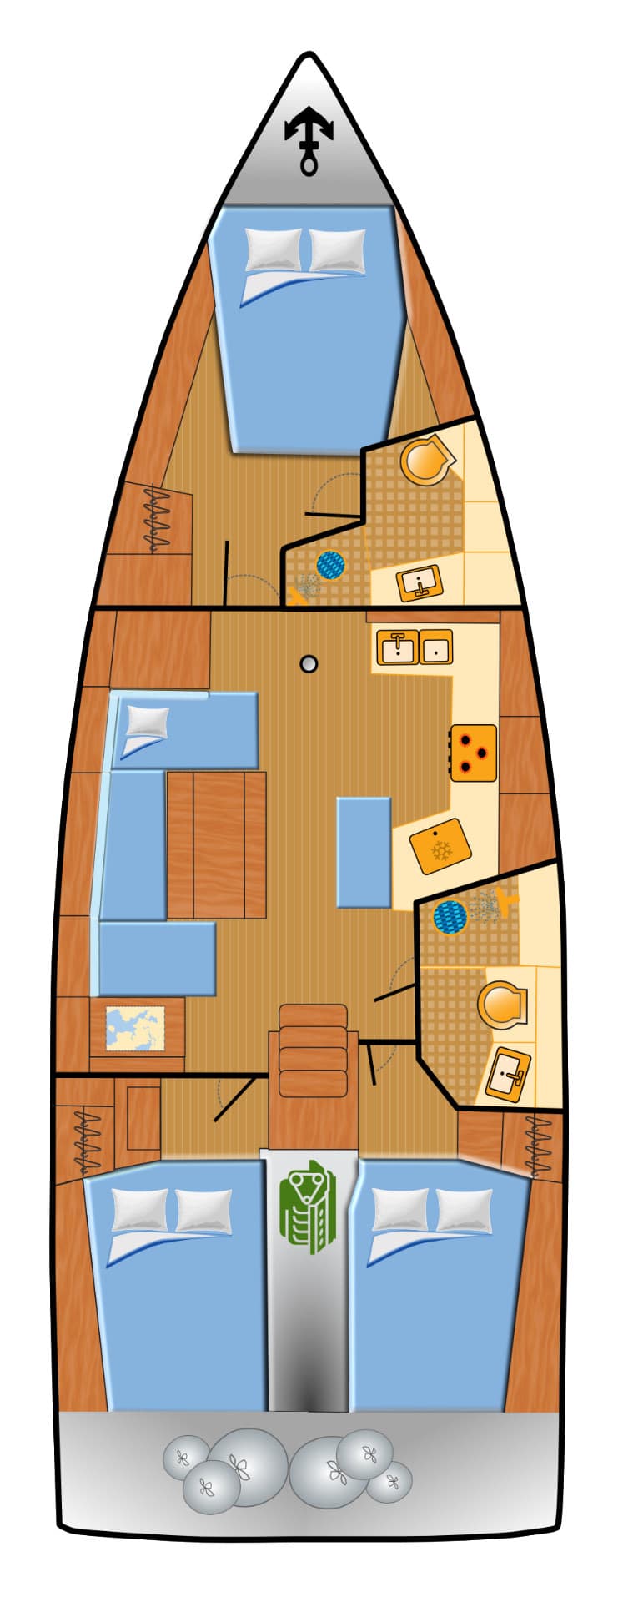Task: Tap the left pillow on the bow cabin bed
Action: click(x=274, y=249)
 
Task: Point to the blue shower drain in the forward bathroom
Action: click(x=330, y=565)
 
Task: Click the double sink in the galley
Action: click(x=415, y=647)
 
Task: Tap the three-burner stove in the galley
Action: click(x=474, y=752)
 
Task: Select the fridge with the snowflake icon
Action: click(x=440, y=846)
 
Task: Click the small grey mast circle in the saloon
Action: click(x=309, y=664)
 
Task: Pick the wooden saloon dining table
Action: click(x=217, y=844)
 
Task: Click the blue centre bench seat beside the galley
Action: click(x=364, y=852)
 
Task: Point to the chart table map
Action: click(x=135, y=1028)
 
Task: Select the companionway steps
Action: click(x=313, y=1050)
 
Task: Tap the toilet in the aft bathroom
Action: click(x=502, y=1005)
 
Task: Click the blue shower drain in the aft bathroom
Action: click(x=450, y=917)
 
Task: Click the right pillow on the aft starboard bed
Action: click(x=464, y=1209)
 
